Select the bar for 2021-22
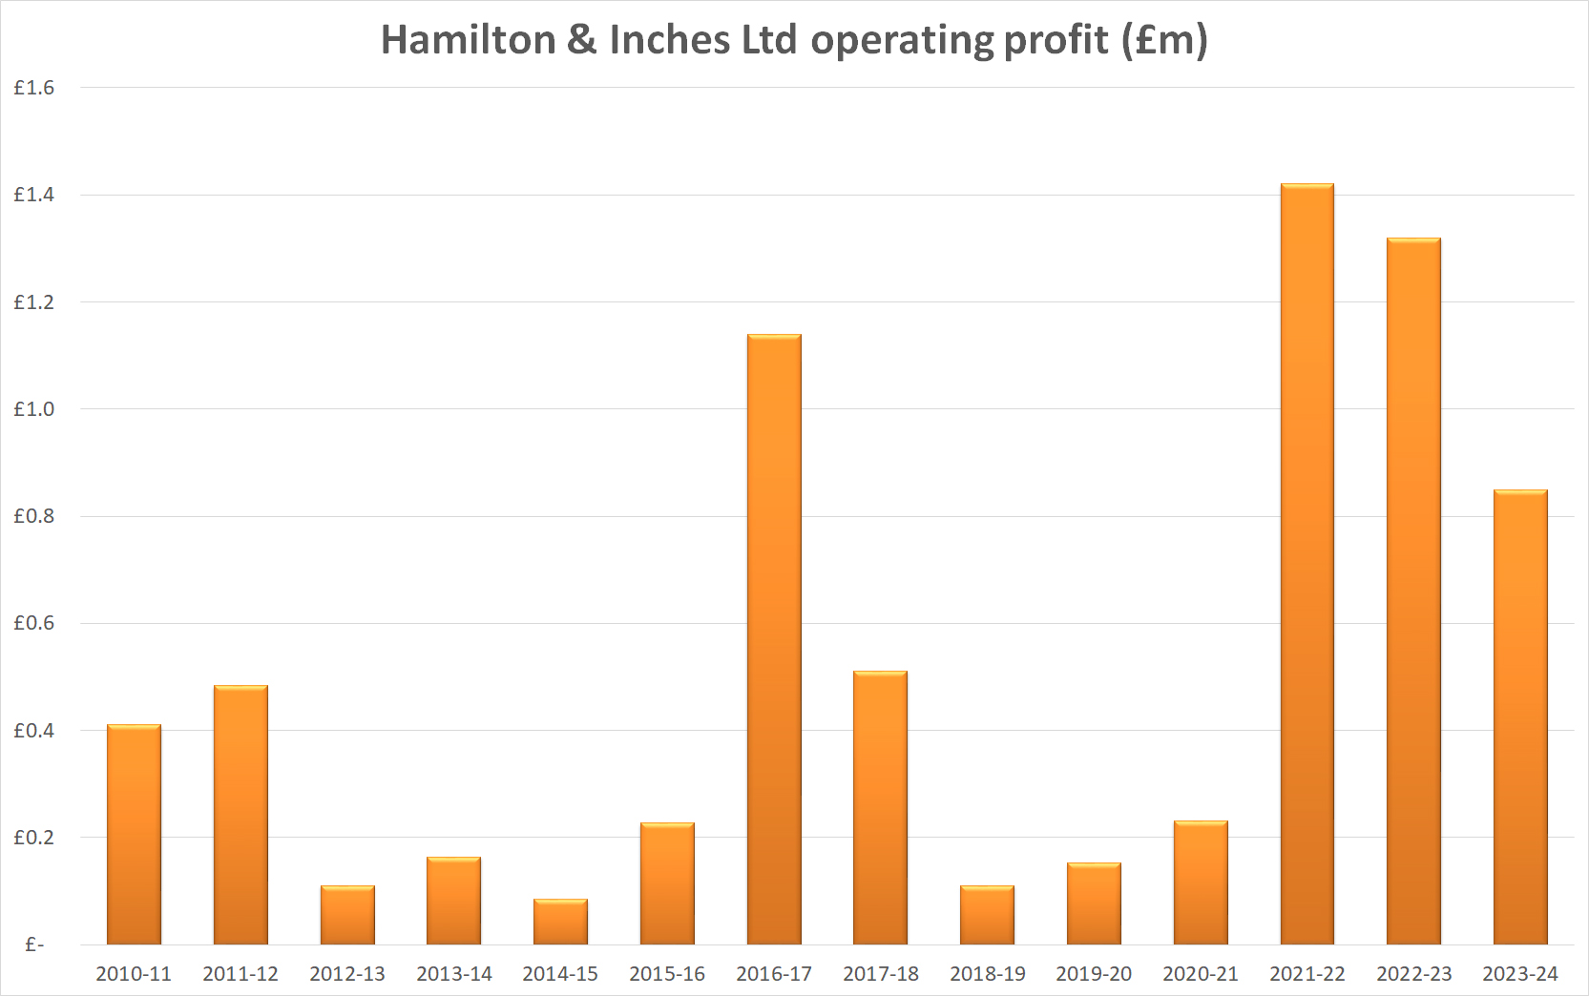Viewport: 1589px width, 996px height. coord(1307,563)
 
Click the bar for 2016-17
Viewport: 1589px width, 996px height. coord(774,639)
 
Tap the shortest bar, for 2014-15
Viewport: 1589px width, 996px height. coord(560,922)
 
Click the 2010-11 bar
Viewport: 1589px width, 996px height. coord(134,835)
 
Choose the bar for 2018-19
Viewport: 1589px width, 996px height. coord(987,915)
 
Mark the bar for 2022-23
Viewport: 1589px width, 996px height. coord(1413,591)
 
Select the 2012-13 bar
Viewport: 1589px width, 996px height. coord(347,915)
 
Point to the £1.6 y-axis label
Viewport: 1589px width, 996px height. coord(33,88)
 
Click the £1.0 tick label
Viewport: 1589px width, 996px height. coord(33,409)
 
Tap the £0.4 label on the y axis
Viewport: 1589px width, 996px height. coord(33,731)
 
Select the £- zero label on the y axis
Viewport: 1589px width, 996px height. coord(34,944)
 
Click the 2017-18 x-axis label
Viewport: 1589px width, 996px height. coord(880,974)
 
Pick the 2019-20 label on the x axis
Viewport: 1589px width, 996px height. coord(1094,974)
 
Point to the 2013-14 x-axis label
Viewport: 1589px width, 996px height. coord(453,974)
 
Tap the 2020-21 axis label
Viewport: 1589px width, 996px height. coord(1200,974)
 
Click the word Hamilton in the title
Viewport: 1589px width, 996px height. coord(468,40)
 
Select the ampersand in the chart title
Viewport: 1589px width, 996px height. coord(581,40)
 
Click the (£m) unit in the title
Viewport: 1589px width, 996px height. coord(1164,40)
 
